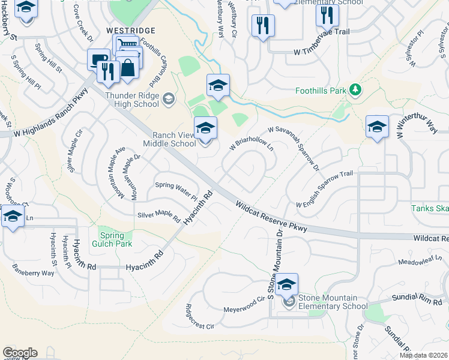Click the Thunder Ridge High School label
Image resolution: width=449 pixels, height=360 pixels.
132,100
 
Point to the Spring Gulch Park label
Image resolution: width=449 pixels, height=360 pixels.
112,239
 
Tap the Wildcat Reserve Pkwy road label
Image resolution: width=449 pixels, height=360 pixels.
272,217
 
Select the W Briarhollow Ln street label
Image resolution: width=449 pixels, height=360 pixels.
252,142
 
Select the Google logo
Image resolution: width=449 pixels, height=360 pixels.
20,353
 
